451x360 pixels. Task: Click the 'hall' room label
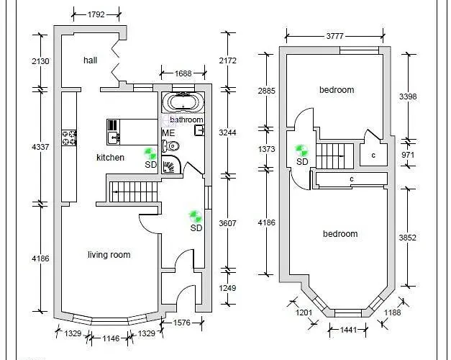(x=90, y=60)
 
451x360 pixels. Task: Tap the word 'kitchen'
(x=110, y=157)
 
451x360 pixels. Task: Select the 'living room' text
(x=109, y=254)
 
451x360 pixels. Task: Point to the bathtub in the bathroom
(x=183, y=102)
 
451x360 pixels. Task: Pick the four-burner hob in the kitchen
(x=70, y=138)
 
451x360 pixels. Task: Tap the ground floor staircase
(x=133, y=192)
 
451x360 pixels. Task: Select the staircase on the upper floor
(x=333, y=153)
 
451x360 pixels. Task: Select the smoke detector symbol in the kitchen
(x=150, y=153)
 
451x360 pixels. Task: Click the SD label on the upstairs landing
(x=302, y=161)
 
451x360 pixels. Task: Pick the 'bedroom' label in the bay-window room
(x=340, y=234)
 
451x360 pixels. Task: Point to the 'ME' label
(x=168, y=133)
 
